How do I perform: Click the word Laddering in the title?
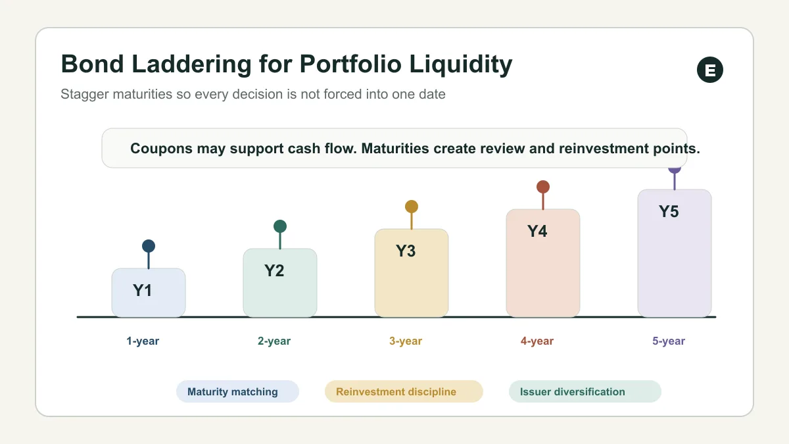click(191, 64)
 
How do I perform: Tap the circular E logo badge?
click(709, 70)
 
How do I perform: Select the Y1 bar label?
click(142, 290)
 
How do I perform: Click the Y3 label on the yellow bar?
click(406, 251)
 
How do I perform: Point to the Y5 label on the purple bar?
click(669, 211)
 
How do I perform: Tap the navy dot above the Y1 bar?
click(149, 246)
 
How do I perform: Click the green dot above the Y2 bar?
click(280, 226)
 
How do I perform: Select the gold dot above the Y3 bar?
click(412, 207)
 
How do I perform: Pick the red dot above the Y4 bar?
click(543, 187)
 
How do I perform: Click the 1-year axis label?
click(143, 341)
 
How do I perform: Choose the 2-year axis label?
click(274, 341)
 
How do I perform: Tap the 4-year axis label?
click(537, 341)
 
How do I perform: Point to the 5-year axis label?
click(669, 341)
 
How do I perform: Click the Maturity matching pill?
click(237, 391)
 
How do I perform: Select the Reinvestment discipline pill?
click(404, 391)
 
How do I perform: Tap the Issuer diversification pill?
click(585, 391)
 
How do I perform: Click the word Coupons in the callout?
click(161, 149)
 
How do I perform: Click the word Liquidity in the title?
click(461, 64)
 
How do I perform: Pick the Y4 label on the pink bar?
click(537, 231)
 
